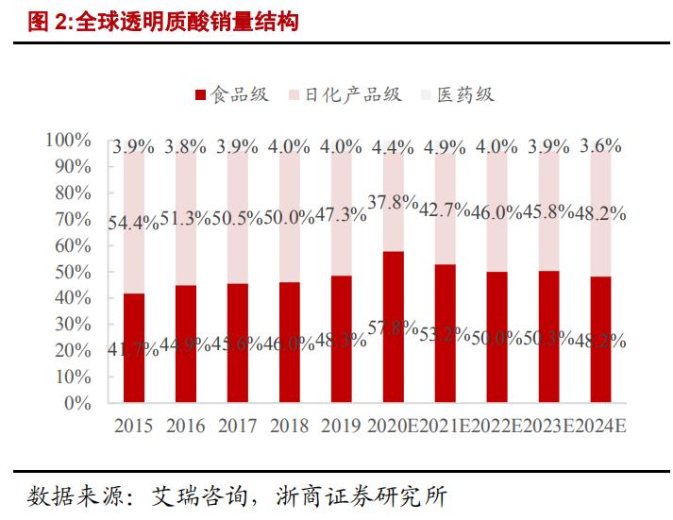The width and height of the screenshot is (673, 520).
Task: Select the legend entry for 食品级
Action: pos(232,94)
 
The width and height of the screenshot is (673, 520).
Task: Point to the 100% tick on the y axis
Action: pos(68,141)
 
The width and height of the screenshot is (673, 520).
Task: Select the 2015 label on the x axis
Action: pos(134,426)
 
